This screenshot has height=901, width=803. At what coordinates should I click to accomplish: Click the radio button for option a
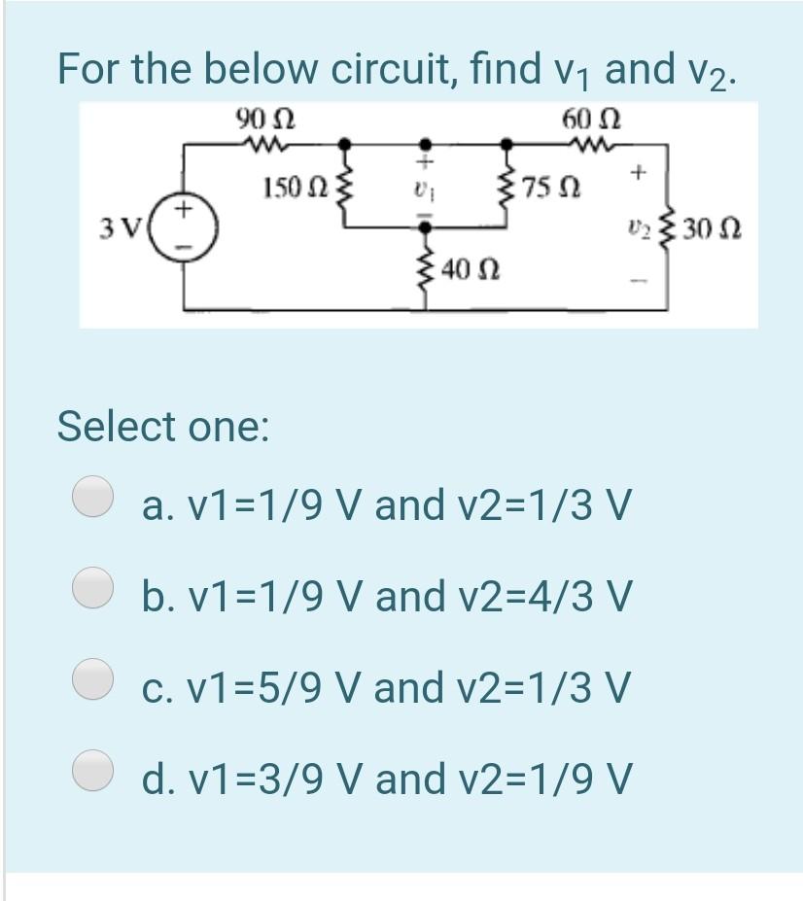click(93, 497)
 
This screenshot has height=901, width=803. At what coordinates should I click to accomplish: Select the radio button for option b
click(93, 587)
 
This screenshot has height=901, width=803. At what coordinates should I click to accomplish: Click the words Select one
click(163, 426)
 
